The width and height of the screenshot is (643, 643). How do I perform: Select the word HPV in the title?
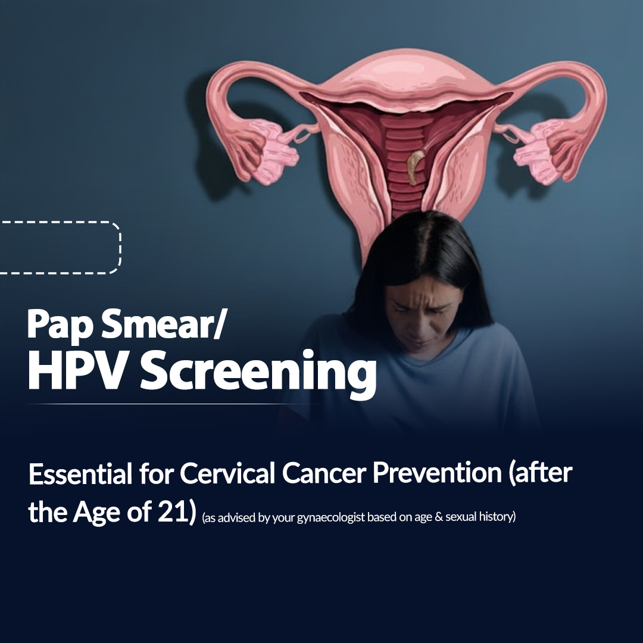[x=79, y=370]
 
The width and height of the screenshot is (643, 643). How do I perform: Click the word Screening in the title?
[x=258, y=374]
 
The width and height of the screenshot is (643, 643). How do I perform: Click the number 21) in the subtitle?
[x=177, y=513]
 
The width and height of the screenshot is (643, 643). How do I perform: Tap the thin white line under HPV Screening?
[x=174, y=404]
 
